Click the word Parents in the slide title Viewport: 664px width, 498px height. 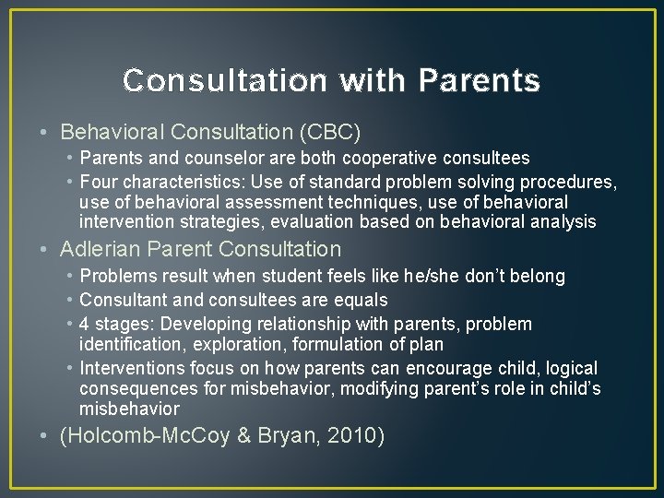tap(479, 81)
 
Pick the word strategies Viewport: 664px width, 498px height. tap(207, 222)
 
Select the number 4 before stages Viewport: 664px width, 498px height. tap(85, 324)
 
